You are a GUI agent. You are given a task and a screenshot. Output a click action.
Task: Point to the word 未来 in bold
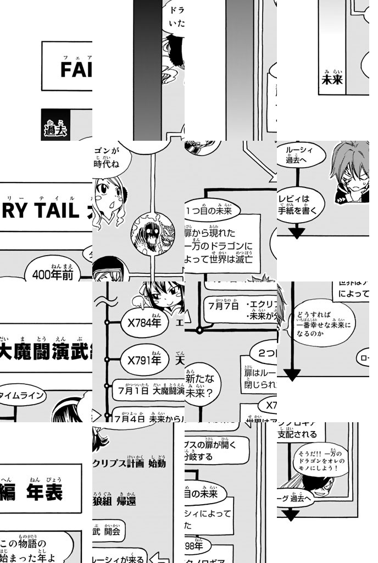pyautogui.click(x=332, y=80)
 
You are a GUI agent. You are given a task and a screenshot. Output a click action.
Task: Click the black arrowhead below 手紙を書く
pyautogui.click(x=297, y=233)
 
